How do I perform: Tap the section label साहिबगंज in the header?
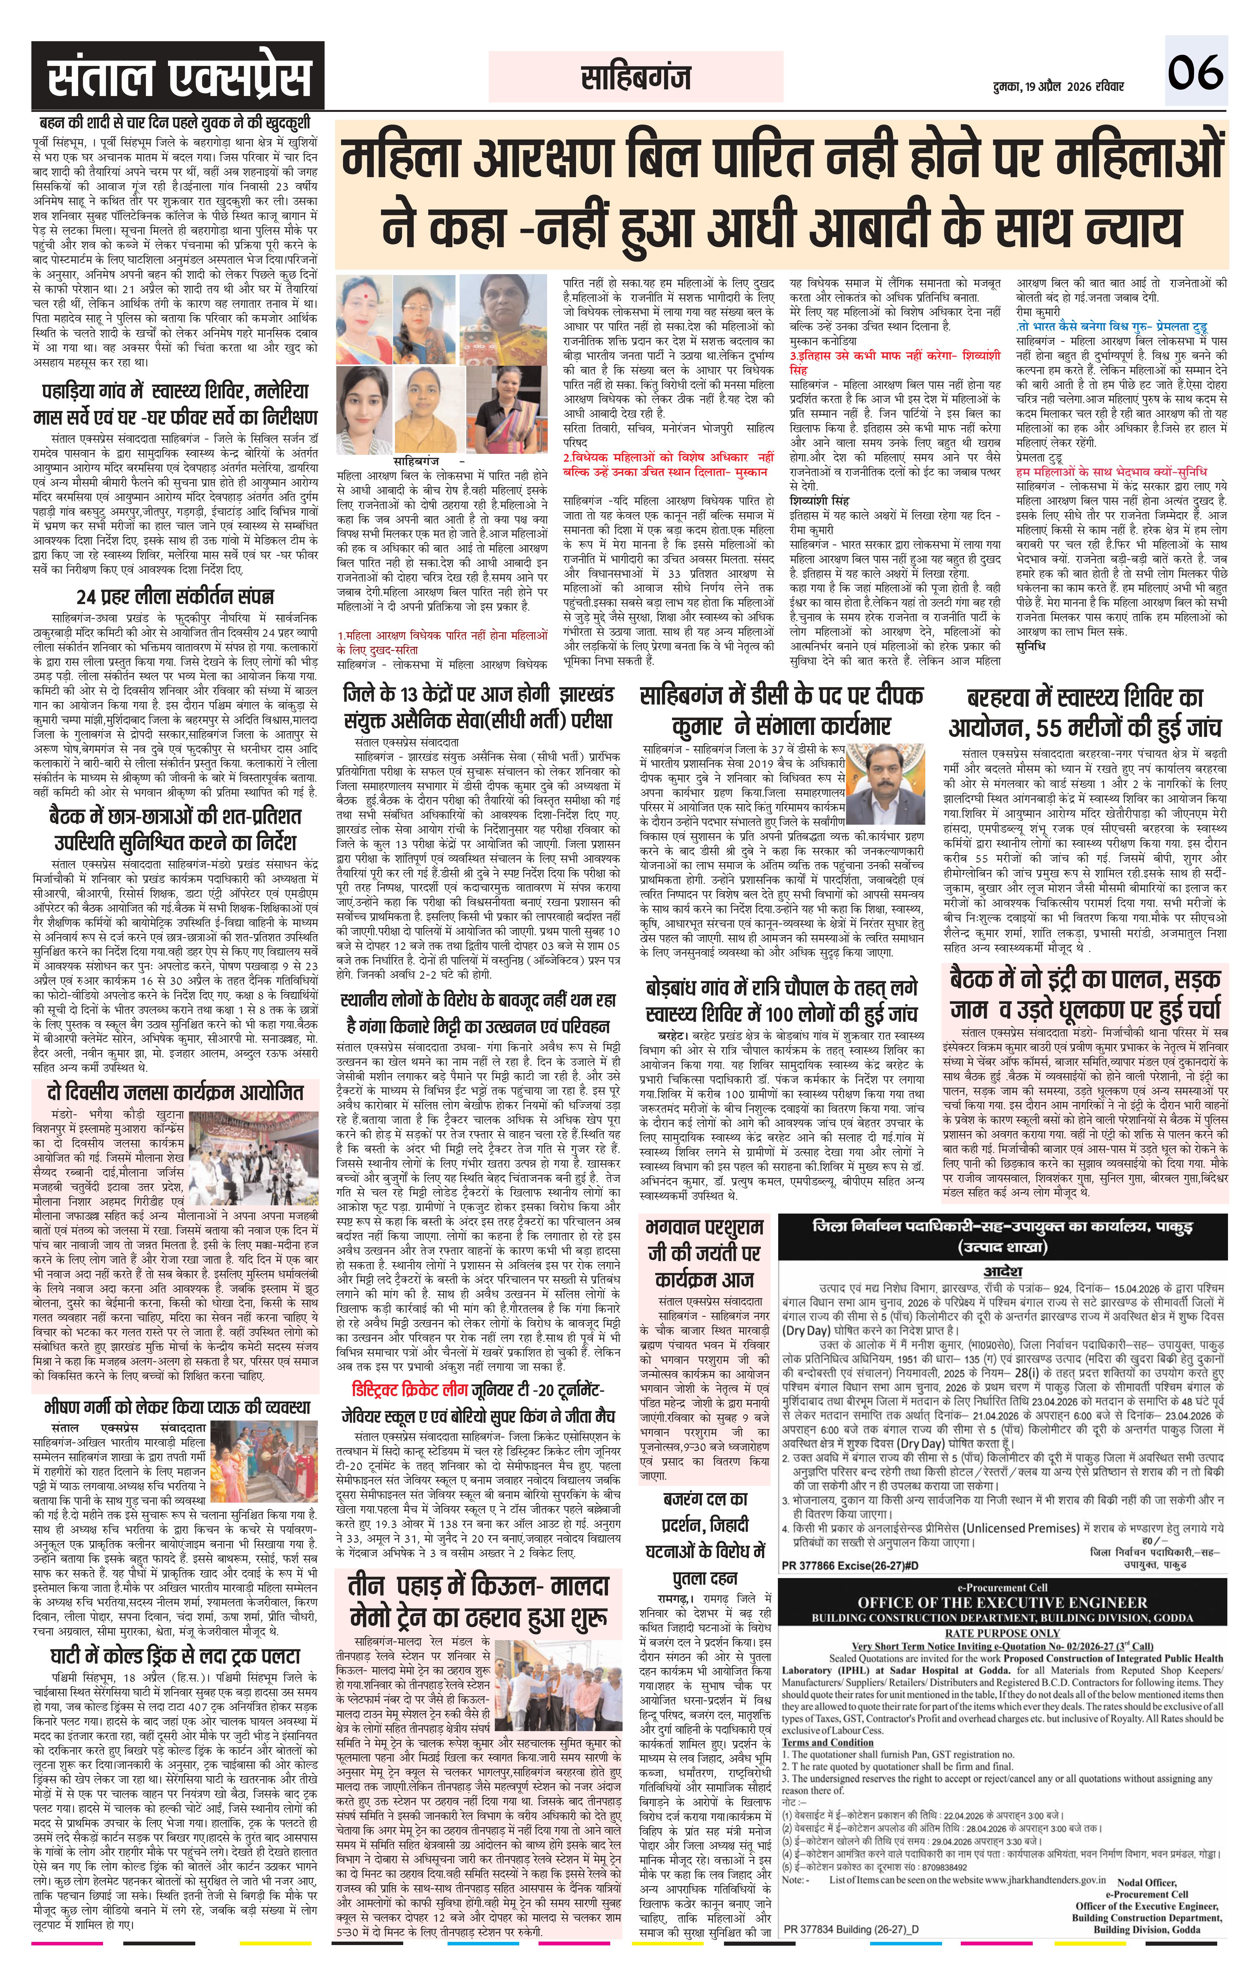pos(635,78)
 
